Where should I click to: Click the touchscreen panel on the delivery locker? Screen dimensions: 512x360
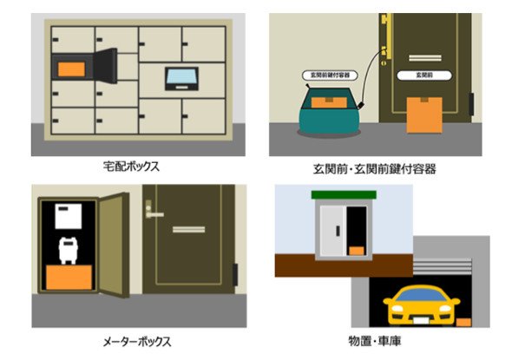[x=181, y=79]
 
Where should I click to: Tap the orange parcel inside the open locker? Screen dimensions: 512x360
[x=71, y=69]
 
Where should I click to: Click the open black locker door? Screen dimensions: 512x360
[x=106, y=66]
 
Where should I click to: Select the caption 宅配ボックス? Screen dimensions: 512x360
[x=131, y=167]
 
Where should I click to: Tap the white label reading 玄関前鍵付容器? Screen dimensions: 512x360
[x=330, y=75]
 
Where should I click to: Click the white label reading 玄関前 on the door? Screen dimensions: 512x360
[x=424, y=75]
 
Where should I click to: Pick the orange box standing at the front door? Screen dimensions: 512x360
[x=424, y=115]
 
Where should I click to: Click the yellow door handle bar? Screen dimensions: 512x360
[x=388, y=36]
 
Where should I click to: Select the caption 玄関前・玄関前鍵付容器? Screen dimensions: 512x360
[x=375, y=169]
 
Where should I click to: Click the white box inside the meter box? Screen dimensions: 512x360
[x=69, y=216]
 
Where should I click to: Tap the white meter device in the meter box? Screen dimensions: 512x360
[x=68, y=251]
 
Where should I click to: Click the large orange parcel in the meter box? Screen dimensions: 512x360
[x=69, y=277]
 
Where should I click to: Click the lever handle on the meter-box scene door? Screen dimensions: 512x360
[x=153, y=212]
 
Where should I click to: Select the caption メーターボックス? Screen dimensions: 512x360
[x=137, y=342]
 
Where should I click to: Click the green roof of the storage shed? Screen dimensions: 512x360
[x=344, y=195]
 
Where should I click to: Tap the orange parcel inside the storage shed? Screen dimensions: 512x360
[x=357, y=251]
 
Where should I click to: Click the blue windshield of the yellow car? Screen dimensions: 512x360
[x=422, y=295]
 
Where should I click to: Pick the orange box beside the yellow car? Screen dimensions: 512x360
[x=463, y=322]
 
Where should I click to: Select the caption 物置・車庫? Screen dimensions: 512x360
[x=375, y=341]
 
